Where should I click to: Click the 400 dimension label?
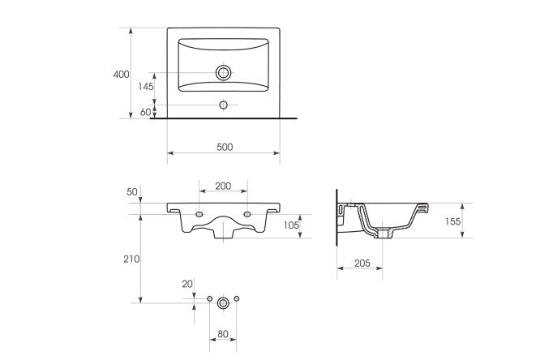122,74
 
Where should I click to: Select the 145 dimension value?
146,87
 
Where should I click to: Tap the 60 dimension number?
146,112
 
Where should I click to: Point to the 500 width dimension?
225,147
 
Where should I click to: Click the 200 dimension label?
223,186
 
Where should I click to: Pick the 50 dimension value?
132,192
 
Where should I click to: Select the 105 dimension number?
291,225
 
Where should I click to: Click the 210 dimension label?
131,259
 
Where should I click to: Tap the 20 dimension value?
187,285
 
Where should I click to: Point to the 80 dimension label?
223,334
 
